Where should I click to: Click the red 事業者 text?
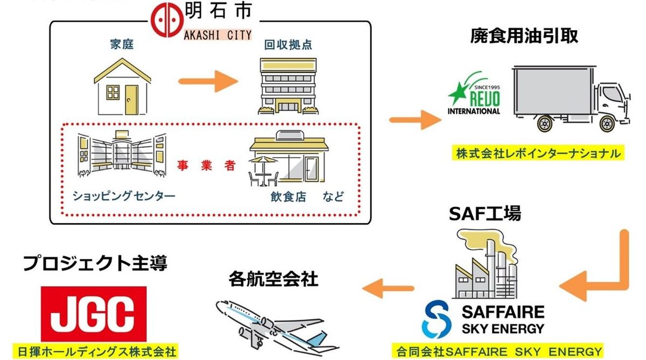(x=207, y=166)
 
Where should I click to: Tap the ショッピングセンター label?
(x=124, y=196)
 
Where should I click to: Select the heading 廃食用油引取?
(x=523, y=36)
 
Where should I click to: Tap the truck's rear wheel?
(x=543, y=125)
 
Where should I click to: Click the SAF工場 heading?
(x=485, y=214)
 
